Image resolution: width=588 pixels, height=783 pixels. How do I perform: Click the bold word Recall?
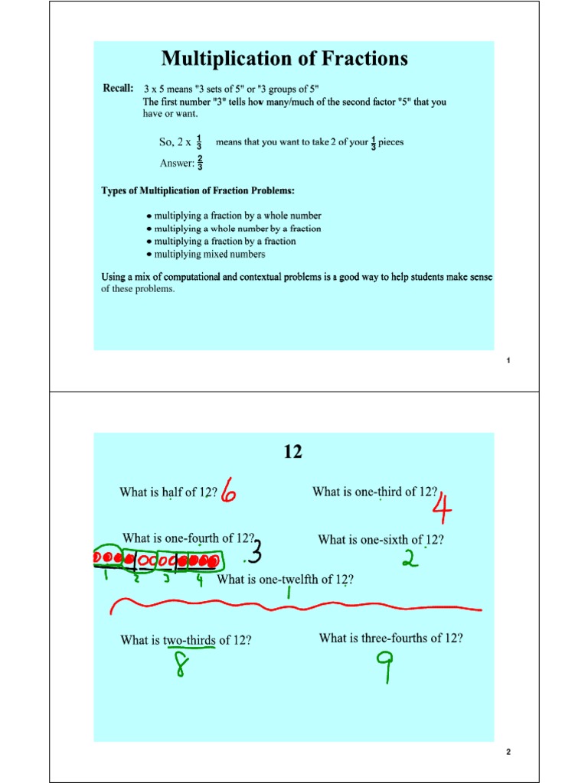coord(119,89)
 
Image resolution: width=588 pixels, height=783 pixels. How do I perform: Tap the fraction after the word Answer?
coord(200,162)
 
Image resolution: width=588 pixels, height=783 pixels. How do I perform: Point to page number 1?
coord(508,361)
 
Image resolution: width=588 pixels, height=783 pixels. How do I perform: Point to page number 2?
coord(508,752)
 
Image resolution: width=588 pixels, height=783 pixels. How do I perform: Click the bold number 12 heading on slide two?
coord(293,453)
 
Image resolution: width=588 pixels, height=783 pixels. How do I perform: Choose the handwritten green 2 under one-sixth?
coord(411,560)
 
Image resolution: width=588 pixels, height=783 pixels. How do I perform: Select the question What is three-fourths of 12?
coord(390,638)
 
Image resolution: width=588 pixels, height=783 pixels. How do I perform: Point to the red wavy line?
coord(295,608)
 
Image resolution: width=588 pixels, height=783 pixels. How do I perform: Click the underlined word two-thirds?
coord(189,640)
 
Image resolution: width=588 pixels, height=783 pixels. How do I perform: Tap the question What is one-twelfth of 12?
coord(285,580)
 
